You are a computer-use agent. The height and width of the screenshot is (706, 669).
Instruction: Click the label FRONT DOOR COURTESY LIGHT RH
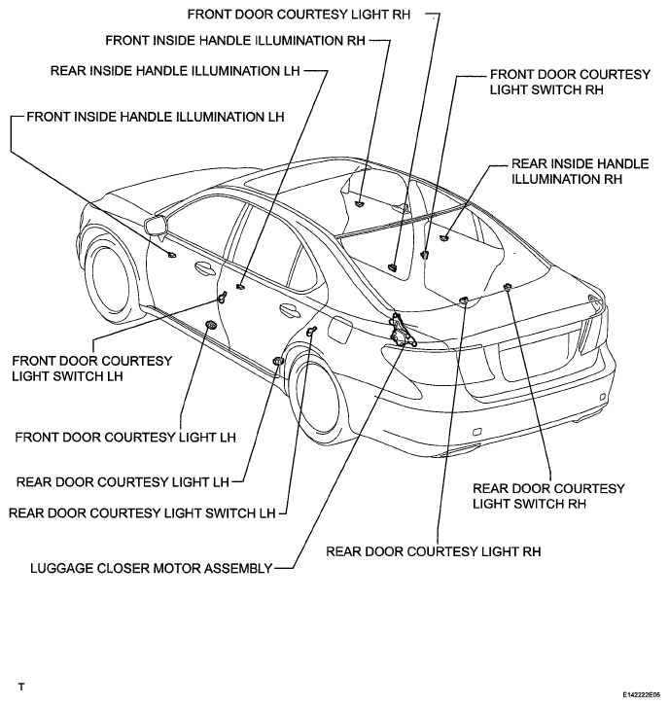(299, 15)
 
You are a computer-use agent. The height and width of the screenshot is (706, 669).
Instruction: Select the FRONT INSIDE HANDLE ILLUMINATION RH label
(235, 41)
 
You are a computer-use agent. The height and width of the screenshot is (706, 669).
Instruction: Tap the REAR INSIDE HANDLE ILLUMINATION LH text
(175, 71)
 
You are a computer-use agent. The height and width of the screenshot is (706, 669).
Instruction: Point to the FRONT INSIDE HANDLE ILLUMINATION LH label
(156, 117)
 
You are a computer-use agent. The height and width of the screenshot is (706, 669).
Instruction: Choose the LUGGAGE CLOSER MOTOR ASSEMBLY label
(152, 568)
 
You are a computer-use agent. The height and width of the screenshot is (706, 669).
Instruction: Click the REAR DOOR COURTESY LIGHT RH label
(433, 551)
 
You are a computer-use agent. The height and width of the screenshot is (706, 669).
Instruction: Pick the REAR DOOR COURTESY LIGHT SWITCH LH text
(142, 513)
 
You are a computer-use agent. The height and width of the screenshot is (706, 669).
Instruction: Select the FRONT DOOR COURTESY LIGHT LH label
(125, 438)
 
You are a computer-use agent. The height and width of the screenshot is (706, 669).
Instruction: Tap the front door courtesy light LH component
(210, 325)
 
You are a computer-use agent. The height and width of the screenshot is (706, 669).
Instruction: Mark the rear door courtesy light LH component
(278, 361)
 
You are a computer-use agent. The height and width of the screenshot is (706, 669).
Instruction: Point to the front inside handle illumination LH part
(171, 256)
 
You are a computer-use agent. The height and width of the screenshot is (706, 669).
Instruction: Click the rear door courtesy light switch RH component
(507, 287)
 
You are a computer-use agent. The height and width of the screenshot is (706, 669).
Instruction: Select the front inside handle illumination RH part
(359, 203)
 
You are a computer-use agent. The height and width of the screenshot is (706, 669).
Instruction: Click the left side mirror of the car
(156, 225)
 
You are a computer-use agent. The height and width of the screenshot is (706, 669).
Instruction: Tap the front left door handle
(204, 268)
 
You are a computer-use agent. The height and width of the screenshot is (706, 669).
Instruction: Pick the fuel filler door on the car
(339, 331)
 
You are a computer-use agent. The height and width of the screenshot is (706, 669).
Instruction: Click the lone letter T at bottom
(21, 688)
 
